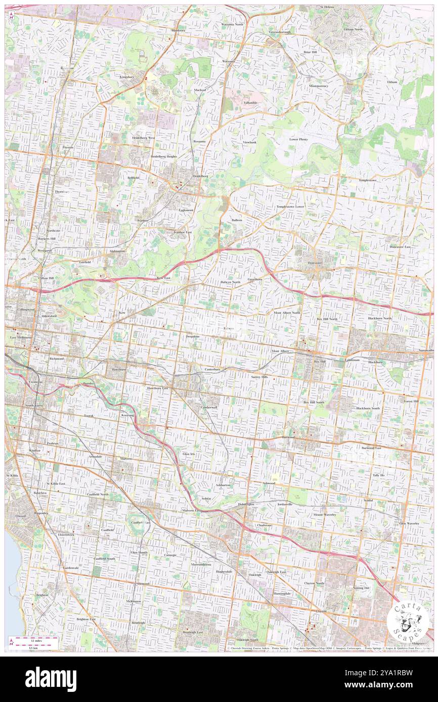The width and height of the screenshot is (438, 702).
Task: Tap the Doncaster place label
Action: pos(315,263)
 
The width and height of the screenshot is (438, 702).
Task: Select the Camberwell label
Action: pos(209,407)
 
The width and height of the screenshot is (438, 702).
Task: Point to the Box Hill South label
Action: pos(314,402)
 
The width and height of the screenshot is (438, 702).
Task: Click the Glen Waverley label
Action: pos(409,524)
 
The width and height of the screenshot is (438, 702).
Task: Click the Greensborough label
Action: pos(281,32)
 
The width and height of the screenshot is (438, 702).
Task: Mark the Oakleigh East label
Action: pos(276,571)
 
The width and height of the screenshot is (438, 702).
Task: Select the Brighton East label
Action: pos(86,619)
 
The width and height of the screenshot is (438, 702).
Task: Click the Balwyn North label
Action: pos(230,282)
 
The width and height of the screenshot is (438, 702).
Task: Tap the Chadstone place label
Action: pos(264,525)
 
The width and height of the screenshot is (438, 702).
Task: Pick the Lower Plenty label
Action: pos(298,139)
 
